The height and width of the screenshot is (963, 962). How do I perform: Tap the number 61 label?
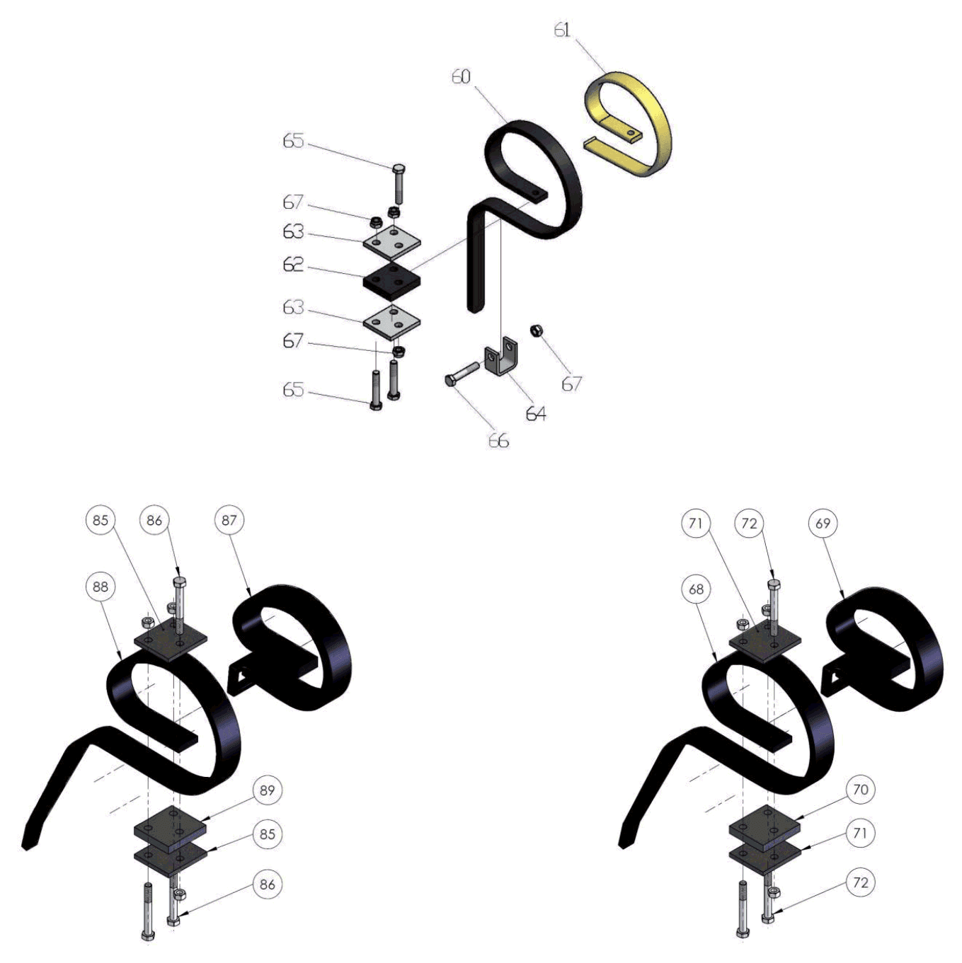[x=562, y=30]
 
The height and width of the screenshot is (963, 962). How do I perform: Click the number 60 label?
[x=461, y=76]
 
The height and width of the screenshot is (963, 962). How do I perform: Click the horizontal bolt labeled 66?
[x=462, y=374]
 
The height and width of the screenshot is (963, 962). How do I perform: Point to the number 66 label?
[x=498, y=441]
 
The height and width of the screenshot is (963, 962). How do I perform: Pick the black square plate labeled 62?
[x=391, y=280]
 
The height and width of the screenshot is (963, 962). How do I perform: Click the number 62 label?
[x=294, y=265]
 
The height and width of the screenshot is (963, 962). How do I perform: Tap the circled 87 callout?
[x=229, y=521]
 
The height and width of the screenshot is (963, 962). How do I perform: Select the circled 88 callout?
[x=100, y=587]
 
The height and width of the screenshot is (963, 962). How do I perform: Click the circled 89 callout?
[x=267, y=790]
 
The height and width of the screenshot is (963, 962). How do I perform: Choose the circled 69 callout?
[x=823, y=524]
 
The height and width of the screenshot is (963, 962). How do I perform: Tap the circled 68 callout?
[x=696, y=589]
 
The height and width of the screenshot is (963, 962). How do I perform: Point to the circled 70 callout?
[x=860, y=790]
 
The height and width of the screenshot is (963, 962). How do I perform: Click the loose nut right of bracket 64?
[x=537, y=330]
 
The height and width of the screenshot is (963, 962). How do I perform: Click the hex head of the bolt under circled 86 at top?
[x=180, y=582]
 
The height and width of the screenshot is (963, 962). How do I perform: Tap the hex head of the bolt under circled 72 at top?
[x=774, y=583]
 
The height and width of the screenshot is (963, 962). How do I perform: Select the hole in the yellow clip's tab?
[x=631, y=132]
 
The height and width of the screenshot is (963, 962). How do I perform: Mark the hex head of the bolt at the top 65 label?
[x=399, y=168]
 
